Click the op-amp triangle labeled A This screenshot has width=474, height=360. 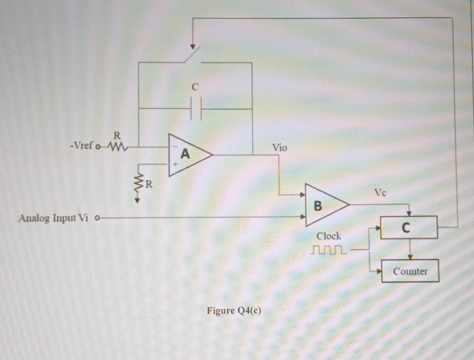pos(187,155)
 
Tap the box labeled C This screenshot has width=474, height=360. pos(409,228)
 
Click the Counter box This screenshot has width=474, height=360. pos(410,271)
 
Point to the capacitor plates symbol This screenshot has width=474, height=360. pos(196,109)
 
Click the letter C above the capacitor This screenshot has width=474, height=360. pos(195,87)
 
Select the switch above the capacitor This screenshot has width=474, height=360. pos(193,55)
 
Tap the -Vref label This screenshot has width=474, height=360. pos(81,146)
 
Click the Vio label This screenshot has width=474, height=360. pos(279,148)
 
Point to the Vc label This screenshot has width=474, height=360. pos(380,193)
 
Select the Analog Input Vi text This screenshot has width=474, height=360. pos(53,218)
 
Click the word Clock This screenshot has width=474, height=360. pos(329,236)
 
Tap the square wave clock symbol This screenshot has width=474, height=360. pos(328,250)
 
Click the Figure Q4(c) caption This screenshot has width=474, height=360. pos(234,311)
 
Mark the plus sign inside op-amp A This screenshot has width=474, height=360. pos(174,164)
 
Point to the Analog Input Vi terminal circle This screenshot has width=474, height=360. pos(97,219)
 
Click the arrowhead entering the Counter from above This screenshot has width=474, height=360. pos(410,257)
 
